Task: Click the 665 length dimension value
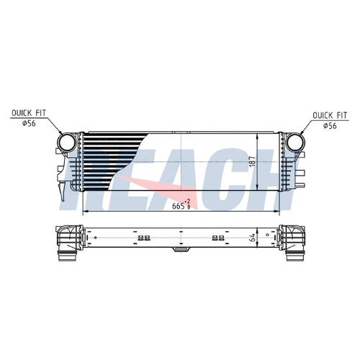[179, 206]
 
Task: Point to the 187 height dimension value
[252, 162]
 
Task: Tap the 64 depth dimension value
[252, 238]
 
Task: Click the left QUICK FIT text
[29, 113]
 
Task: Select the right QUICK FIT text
[330, 115]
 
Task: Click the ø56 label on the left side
[29, 123]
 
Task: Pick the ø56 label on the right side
[330, 125]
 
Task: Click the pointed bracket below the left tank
[62, 192]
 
